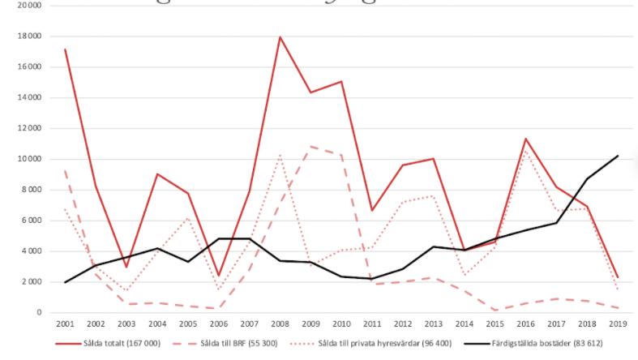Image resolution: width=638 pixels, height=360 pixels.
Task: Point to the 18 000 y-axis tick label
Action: tap(30, 36)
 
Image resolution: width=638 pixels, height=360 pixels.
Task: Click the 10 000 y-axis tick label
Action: tap(30, 159)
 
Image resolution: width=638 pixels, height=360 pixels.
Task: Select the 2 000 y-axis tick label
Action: tap(32, 282)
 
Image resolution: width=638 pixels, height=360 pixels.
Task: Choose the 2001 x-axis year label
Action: tap(64, 324)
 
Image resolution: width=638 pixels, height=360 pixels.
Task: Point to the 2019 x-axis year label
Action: tap(617, 324)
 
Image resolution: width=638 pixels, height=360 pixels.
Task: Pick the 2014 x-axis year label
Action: tap(463, 324)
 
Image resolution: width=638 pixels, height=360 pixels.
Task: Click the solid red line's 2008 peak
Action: tap(279, 36)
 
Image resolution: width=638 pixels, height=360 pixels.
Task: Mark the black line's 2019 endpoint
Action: tap(618, 156)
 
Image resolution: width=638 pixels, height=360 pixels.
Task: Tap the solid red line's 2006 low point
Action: tap(218, 276)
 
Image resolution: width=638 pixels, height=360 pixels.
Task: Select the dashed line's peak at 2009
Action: tap(310, 147)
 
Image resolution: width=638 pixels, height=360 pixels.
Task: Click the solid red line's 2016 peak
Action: tap(525, 139)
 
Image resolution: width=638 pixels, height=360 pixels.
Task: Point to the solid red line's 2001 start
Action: tap(65, 49)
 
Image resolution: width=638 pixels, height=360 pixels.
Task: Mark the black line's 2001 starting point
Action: tap(65, 282)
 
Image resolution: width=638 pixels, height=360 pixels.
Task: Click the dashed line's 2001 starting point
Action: tap(65, 170)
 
